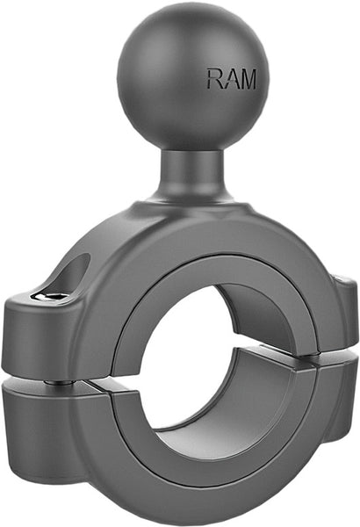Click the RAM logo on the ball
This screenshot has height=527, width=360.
pyautogui.click(x=231, y=79)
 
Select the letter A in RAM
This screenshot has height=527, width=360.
pyautogui.click(x=231, y=79)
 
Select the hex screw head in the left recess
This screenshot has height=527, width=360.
pyautogui.click(x=54, y=297)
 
